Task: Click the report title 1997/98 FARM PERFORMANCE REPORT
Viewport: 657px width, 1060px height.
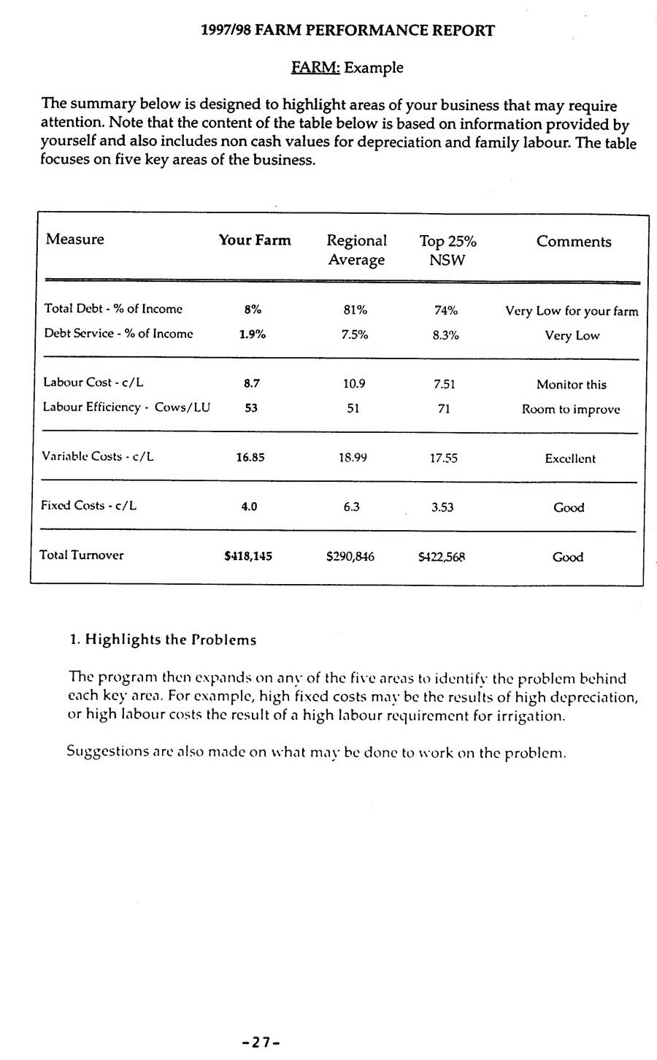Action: coord(347,31)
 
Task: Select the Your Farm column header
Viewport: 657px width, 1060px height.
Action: coord(255,240)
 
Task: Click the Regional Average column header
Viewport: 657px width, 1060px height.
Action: coord(356,250)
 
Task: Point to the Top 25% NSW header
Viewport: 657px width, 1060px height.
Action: coord(447,250)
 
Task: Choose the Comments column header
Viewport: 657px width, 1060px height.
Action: coord(574,242)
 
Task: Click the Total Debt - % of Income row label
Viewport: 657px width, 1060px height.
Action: coord(113,309)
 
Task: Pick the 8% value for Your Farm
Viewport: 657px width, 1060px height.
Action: coord(253,310)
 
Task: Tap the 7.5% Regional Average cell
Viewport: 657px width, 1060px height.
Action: coord(355,334)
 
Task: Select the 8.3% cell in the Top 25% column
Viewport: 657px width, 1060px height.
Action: coord(445,335)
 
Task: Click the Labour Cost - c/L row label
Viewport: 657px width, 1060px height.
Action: coord(93,382)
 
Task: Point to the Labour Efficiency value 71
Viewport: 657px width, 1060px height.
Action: coord(444,409)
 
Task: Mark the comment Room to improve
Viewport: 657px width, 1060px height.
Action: coord(571,410)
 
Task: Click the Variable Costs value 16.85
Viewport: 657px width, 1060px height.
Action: coord(250,458)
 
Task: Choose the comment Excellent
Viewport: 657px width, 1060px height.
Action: coord(570,458)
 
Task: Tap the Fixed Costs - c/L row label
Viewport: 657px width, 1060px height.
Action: coord(89,505)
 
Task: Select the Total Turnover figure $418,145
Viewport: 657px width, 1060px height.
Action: coord(248,556)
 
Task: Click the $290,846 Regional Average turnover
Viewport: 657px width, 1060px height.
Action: coord(350,557)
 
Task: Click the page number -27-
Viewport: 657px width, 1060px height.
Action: coord(261,1042)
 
